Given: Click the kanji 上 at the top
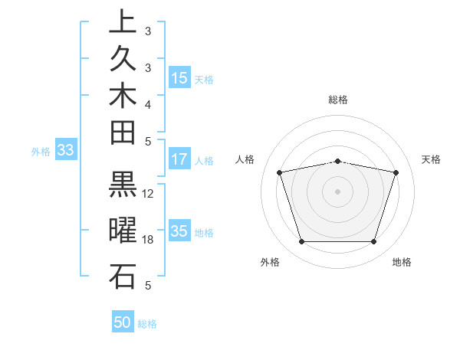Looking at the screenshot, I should click(x=123, y=21).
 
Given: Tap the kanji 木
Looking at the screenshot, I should click(x=123, y=95).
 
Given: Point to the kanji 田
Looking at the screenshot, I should click(x=123, y=132).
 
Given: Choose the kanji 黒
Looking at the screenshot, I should click(x=123, y=185).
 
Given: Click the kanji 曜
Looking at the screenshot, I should click(x=123, y=231).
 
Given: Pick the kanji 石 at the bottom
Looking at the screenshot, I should click(x=123, y=276).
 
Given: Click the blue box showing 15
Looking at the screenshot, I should click(x=179, y=77).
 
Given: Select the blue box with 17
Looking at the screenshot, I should click(x=179, y=160).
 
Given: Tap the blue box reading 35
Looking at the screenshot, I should click(x=179, y=232).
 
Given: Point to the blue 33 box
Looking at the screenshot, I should click(x=66, y=151).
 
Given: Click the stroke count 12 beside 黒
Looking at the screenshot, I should click(x=149, y=194).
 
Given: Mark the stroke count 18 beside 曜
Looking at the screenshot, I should click(x=149, y=240).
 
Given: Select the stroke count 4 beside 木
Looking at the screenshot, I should click(x=149, y=103).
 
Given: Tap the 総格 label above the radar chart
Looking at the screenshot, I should click(x=338, y=100).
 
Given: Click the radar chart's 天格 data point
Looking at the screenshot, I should click(x=396, y=172).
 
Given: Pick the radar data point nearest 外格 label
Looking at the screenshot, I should click(x=301, y=242).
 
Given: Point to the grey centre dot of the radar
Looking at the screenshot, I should click(x=337, y=191).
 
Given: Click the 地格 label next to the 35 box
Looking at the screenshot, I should click(x=203, y=233).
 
